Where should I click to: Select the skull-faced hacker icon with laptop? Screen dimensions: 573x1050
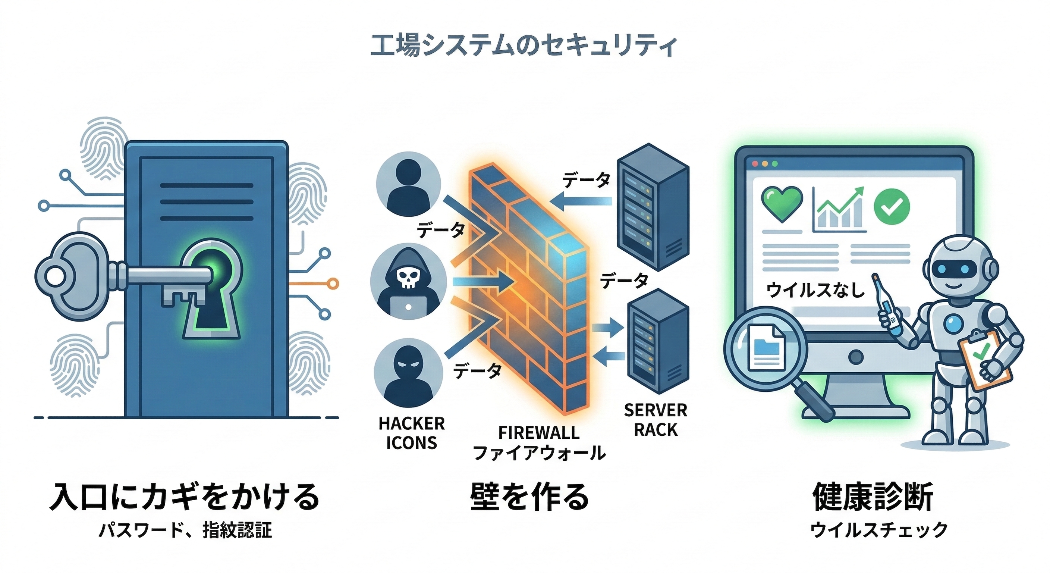point(408,281)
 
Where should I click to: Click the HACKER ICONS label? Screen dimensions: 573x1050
point(411,433)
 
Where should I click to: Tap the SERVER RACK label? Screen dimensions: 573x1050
point(656,420)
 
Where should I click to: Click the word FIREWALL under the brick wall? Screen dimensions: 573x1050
point(539,432)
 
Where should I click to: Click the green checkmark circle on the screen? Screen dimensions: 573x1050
point(892,206)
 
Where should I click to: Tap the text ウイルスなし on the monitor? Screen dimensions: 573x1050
point(815,290)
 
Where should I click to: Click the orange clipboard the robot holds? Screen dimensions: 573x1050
point(984,359)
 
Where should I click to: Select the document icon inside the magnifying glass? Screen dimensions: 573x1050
point(767,347)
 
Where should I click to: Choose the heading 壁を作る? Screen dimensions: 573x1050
point(529,497)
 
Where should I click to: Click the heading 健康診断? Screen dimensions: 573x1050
point(873,497)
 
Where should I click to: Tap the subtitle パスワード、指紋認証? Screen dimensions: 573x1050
point(185,530)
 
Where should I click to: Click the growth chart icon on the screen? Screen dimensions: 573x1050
point(839,210)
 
